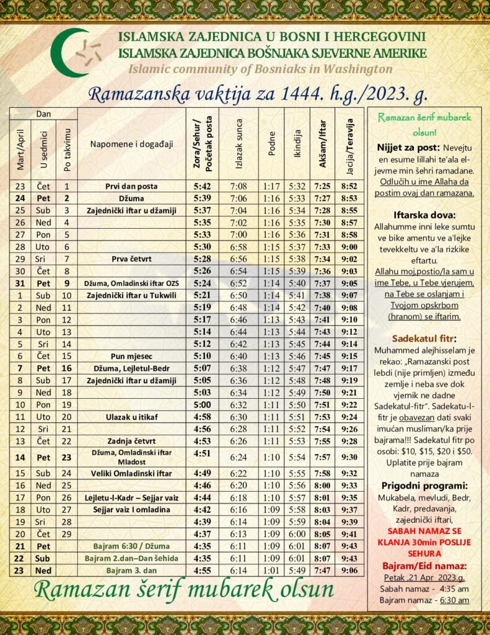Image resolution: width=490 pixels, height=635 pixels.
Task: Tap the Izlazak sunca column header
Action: [239, 144]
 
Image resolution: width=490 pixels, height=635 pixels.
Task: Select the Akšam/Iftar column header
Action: [322, 144]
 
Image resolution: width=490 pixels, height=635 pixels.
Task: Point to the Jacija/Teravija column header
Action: [349, 144]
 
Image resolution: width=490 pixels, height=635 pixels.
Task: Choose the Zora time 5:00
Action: [203, 404]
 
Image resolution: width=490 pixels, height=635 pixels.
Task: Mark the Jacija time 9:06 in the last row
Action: [349, 571]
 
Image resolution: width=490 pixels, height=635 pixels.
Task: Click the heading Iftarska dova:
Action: [424, 215]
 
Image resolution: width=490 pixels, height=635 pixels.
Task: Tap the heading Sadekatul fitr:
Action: [424, 339]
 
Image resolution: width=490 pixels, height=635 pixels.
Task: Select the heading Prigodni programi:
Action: [424, 484]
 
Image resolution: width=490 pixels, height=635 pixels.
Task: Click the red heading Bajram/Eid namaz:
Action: [424, 566]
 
